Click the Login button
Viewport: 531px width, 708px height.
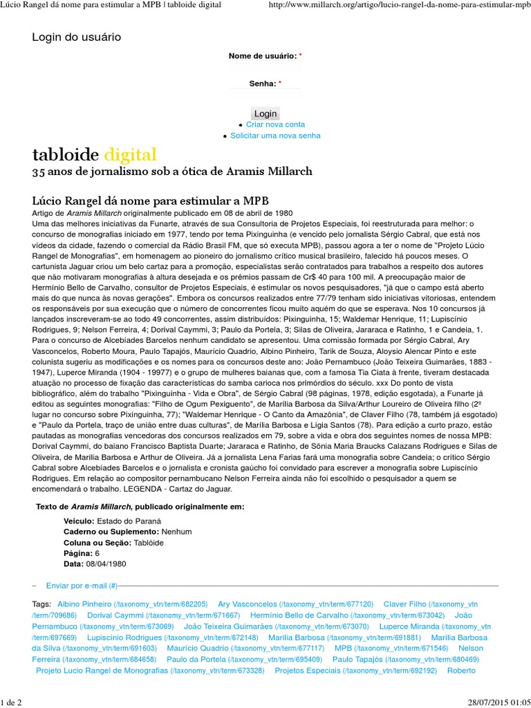pos(265,113)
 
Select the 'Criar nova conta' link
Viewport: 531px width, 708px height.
pos(275,124)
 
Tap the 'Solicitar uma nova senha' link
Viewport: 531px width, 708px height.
pos(275,136)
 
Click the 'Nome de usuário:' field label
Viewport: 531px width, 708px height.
pos(263,55)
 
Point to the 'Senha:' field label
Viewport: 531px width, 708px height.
pos(263,83)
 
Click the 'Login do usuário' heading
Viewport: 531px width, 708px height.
pos(76,37)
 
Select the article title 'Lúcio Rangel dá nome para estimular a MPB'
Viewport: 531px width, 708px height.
pos(151,200)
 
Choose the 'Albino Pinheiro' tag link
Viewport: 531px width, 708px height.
pos(84,604)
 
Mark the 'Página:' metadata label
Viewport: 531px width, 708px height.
pos(77,553)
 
